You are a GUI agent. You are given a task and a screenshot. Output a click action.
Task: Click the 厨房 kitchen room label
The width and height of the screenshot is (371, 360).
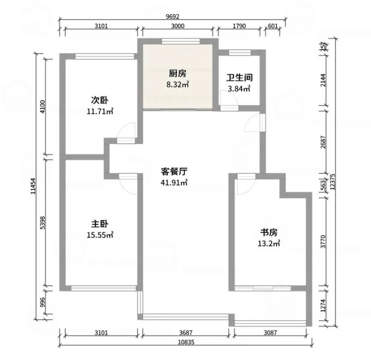click(177, 74)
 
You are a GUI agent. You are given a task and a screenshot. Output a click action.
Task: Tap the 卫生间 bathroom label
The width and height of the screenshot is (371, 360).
click(239, 78)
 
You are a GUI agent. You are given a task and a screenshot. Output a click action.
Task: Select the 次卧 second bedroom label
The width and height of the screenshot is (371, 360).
click(100, 100)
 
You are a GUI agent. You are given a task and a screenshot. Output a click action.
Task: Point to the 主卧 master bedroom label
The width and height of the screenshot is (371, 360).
click(100, 224)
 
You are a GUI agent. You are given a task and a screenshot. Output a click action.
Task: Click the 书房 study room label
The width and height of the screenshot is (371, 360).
click(269, 233)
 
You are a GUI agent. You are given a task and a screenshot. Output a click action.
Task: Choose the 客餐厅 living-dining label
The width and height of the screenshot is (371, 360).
click(174, 171)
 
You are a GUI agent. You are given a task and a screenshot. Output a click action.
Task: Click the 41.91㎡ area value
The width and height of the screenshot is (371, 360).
click(174, 182)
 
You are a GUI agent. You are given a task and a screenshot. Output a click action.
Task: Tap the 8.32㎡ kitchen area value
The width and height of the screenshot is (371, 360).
click(177, 84)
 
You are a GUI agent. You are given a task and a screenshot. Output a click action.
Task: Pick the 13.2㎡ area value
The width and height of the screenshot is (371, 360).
click(269, 243)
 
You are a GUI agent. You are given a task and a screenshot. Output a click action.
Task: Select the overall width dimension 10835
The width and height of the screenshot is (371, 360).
click(186, 342)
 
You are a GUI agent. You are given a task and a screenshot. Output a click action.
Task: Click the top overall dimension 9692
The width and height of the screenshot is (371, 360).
click(172, 16)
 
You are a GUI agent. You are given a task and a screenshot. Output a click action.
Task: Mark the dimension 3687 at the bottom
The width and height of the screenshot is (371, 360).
click(186, 333)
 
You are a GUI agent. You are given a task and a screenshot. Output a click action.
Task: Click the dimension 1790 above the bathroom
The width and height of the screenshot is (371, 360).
click(239, 26)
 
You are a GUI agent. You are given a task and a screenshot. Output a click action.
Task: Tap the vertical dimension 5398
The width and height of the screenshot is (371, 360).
click(42, 223)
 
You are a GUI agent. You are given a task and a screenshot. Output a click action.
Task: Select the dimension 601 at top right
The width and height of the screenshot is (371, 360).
click(273, 26)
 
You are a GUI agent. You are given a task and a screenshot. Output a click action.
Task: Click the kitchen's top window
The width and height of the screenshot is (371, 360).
click(181, 41)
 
